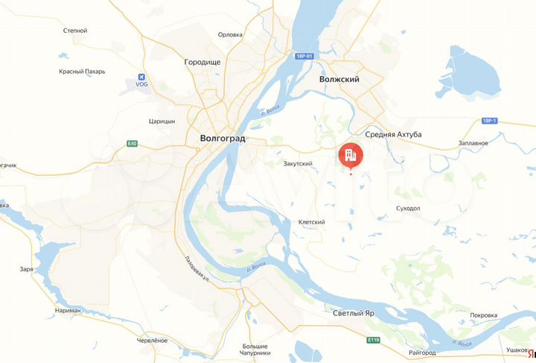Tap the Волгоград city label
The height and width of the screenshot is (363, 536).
pyautogui.click(x=223, y=139)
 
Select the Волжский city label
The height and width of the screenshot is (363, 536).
pyautogui.click(x=339, y=78)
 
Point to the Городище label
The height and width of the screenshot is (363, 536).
pyautogui.click(x=202, y=63)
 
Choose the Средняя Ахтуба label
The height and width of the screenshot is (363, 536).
pyautogui.click(x=394, y=134)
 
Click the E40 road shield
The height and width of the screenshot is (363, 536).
pyautogui.click(x=132, y=143)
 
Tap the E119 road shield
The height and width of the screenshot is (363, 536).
pyautogui.click(x=374, y=339)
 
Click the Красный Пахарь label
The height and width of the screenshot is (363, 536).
pyautogui.click(x=82, y=72)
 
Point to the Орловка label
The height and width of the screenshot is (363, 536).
pyautogui.click(x=230, y=34)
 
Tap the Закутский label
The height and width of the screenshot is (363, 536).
pyautogui.click(x=298, y=163)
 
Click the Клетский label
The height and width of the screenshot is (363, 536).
pyautogui.click(x=311, y=222)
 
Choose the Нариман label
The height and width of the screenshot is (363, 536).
pyautogui.click(x=73, y=309)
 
